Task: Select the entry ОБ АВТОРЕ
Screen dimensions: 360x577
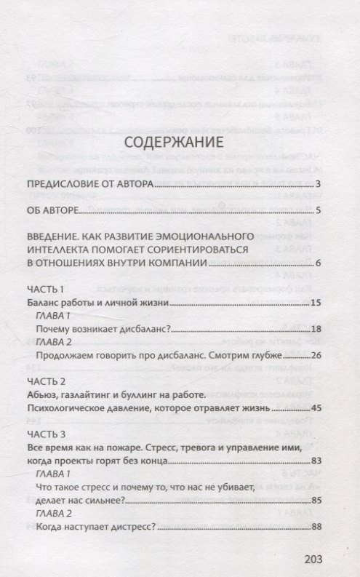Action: pyautogui.click(x=51, y=212)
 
